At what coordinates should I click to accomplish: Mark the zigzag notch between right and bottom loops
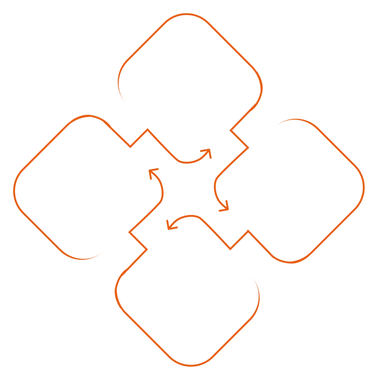coord(239,239)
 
